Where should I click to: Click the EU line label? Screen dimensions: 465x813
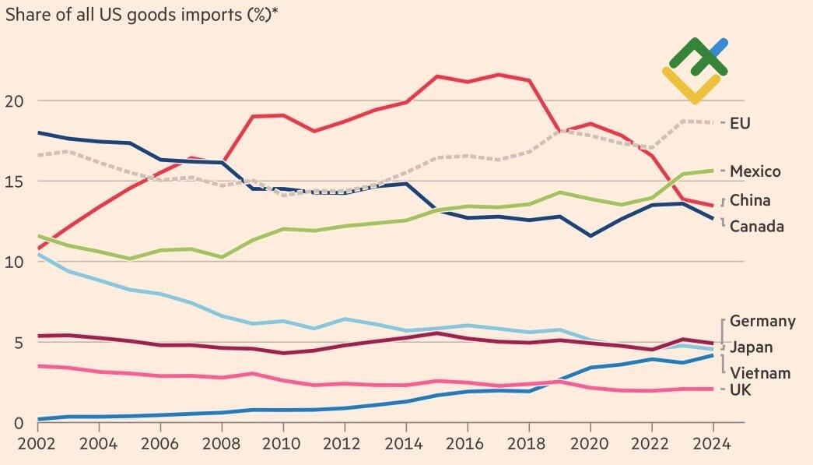pos(740,123)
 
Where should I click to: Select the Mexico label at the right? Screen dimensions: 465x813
pos(755,171)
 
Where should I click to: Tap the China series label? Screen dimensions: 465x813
pos(750,200)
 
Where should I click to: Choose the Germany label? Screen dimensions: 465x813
pos(762,321)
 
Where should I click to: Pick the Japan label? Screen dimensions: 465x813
pos(751,347)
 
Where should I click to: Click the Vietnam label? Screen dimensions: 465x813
pos(760,373)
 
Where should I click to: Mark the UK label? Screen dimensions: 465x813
pos(741,389)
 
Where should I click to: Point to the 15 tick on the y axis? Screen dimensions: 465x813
pos(16,181)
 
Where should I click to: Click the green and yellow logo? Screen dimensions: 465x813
pos(695,70)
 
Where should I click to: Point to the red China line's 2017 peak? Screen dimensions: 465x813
pos(499,75)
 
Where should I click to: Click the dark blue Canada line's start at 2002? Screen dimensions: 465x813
pos(38,133)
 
